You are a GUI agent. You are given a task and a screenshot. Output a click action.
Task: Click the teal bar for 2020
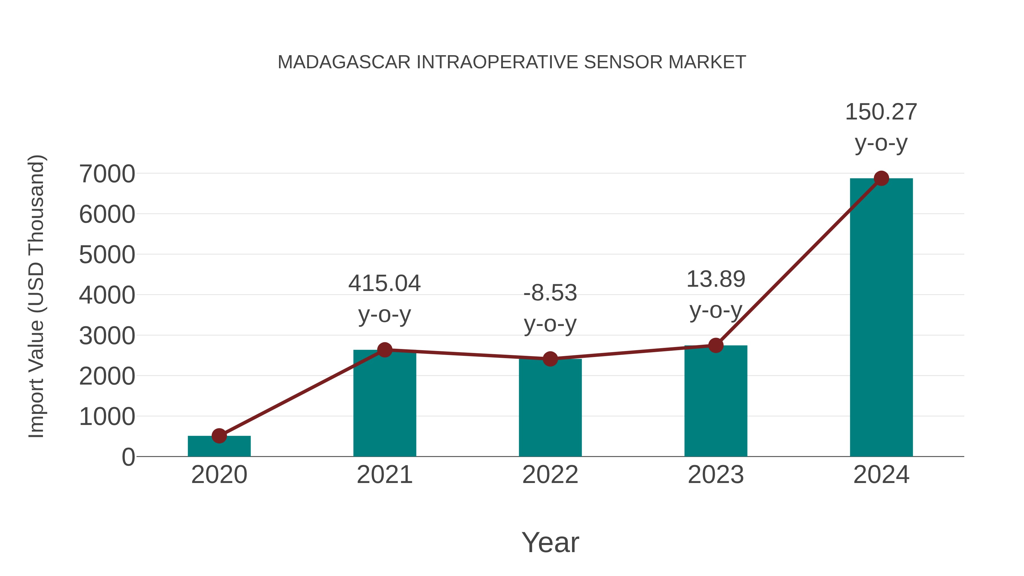pyautogui.click(x=219, y=447)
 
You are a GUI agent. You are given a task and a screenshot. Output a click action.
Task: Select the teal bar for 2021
pyautogui.click(x=384, y=403)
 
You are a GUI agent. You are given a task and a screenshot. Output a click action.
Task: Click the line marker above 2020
pyautogui.click(x=219, y=436)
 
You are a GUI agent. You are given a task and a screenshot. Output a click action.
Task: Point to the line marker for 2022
pyautogui.click(x=550, y=359)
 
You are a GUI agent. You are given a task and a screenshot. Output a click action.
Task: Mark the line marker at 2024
pyautogui.click(x=881, y=178)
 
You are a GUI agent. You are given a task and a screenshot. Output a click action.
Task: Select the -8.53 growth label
pyautogui.click(x=550, y=293)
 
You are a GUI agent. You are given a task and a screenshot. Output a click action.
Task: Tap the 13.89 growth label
pyautogui.click(x=716, y=279)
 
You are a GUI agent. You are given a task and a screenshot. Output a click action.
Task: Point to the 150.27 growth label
pyautogui.click(x=881, y=112)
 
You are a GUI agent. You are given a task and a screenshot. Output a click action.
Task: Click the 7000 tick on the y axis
pyautogui.click(x=107, y=174)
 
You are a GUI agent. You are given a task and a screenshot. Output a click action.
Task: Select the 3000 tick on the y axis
pyautogui.click(x=107, y=336)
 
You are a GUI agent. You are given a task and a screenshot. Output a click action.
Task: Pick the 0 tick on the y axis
pyautogui.click(x=128, y=457)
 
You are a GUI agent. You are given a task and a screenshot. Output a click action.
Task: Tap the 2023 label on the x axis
pyautogui.click(x=716, y=475)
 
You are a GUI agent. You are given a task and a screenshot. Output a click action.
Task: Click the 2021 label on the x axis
pyautogui.click(x=384, y=475)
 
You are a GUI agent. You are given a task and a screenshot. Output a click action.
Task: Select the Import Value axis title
pyautogui.click(x=37, y=296)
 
